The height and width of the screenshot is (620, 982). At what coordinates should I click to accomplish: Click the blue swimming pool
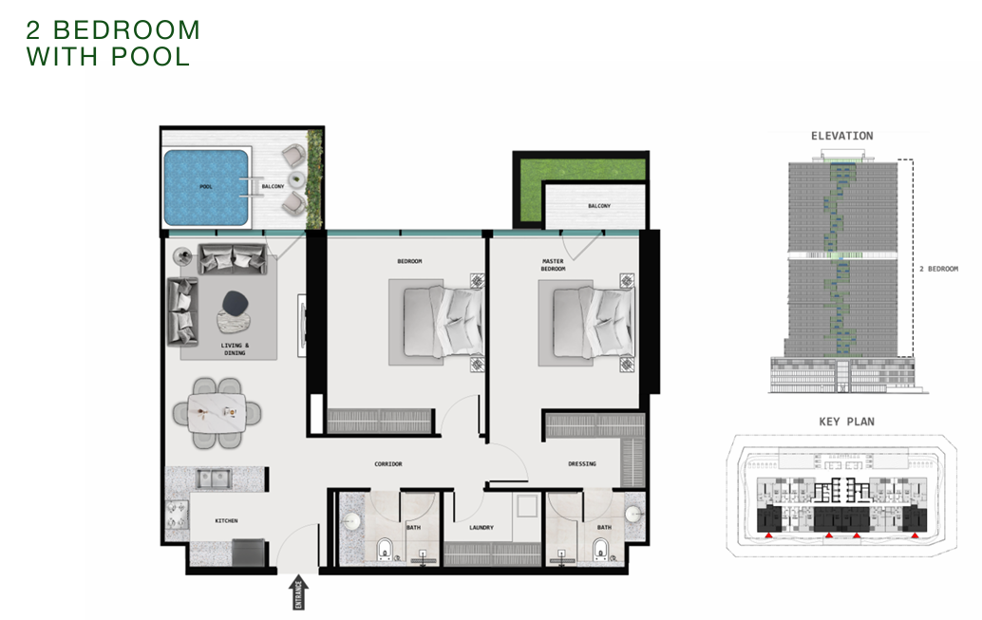tap(206, 187)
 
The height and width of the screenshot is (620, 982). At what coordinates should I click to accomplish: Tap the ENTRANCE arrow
tap(298, 592)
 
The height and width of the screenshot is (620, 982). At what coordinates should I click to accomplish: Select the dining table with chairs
tap(217, 413)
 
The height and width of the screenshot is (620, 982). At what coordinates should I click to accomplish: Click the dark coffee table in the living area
tap(236, 303)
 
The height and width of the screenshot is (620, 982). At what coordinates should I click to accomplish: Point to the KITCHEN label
tap(226, 520)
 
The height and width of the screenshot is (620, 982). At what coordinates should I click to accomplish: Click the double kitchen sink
tap(214, 479)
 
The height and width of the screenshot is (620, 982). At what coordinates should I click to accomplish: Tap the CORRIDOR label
tap(388, 464)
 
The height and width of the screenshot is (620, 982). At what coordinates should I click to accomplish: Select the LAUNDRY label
tap(482, 527)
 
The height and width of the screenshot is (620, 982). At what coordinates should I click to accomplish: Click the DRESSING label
tap(582, 464)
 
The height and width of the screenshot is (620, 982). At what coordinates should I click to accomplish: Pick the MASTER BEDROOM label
tap(553, 265)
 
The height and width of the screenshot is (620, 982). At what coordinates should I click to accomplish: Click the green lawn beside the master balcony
tap(579, 179)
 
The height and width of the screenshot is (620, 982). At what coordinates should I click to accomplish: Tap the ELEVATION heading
tap(841, 136)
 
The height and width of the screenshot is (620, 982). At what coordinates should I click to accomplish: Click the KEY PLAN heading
tap(847, 422)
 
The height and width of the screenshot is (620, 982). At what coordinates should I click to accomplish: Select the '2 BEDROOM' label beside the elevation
tap(938, 269)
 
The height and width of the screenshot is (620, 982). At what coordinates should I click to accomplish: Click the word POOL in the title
tap(150, 56)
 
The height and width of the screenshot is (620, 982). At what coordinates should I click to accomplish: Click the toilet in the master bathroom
tap(600, 549)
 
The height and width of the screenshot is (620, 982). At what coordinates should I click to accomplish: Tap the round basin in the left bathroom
tap(350, 521)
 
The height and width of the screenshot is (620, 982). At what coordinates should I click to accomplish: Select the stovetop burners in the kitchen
tap(177, 515)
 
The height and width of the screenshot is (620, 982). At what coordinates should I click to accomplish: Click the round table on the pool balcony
tap(296, 179)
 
